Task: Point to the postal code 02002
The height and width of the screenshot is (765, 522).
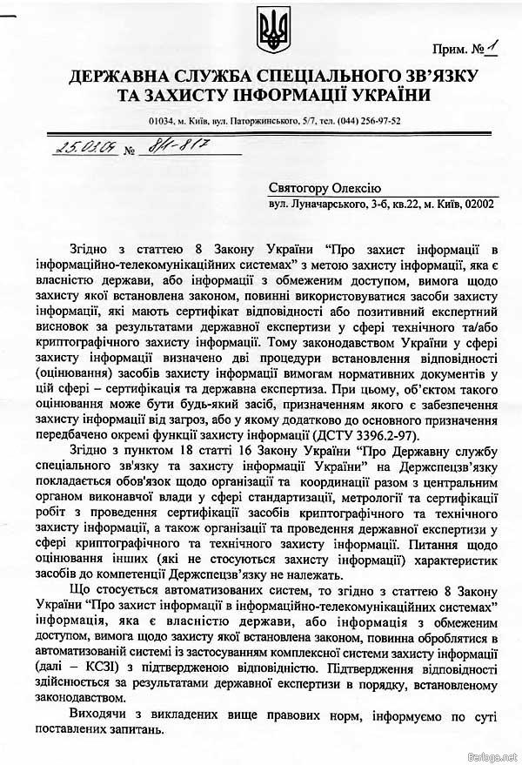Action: [x=478, y=204]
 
